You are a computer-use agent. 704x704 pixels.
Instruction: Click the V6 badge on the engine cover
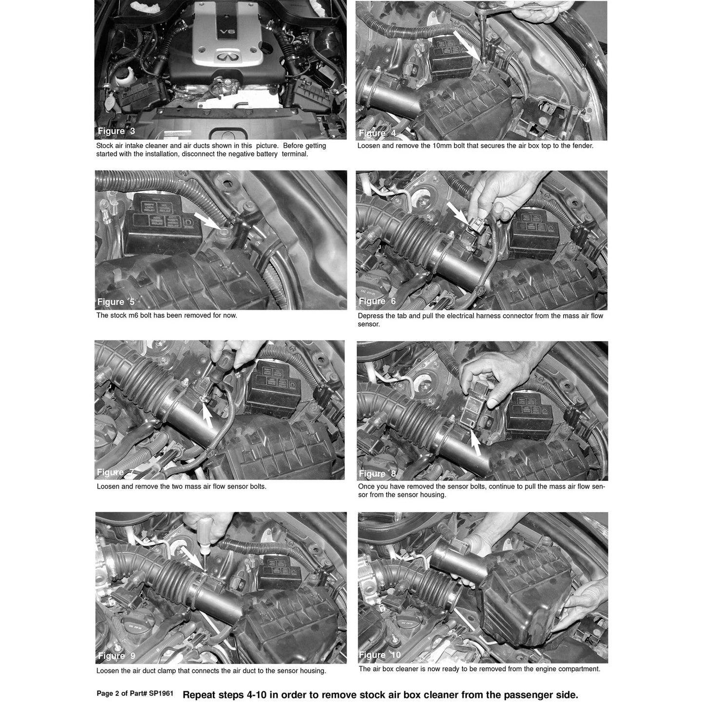[x=227, y=32]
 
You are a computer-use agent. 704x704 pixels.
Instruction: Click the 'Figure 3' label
[x=116, y=131]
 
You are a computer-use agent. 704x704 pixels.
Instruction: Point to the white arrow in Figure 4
[x=467, y=45]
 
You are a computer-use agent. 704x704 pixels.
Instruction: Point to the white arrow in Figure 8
[x=476, y=443]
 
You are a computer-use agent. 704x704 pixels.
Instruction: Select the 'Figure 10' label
[x=380, y=655]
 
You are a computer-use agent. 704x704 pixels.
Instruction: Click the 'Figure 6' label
[x=378, y=301]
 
